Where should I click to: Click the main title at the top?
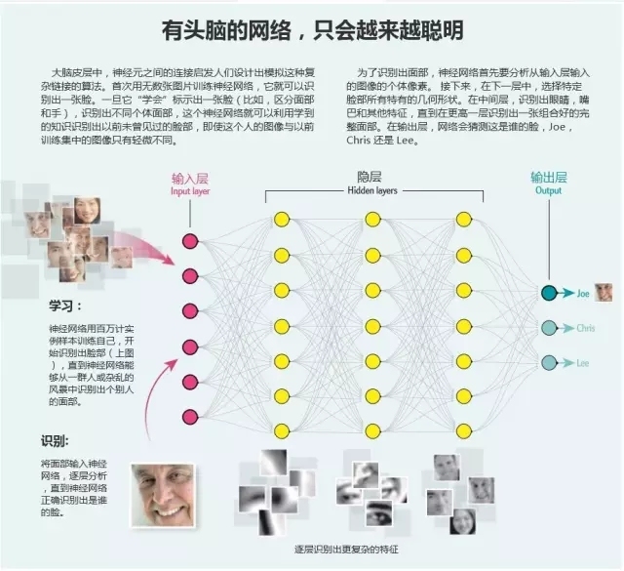pos(312,29)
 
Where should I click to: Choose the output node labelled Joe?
pos(550,292)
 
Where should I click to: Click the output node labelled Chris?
pos(550,327)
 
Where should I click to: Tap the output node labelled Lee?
pos(550,362)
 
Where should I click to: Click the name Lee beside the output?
pos(583,363)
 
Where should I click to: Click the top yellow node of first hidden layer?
pos(282,219)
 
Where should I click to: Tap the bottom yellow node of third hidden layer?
pos(462,429)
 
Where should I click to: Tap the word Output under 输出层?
pos(548,191)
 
